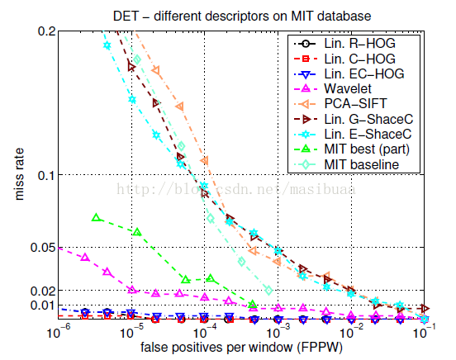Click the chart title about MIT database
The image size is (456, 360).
coord(242,16)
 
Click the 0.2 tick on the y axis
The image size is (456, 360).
coord(46,31)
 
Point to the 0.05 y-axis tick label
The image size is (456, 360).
coord(43,248)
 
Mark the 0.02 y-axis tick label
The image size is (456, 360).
coord(43,291)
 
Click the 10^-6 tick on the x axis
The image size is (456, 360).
coord(59,331)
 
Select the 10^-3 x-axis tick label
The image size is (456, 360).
coord(278,331)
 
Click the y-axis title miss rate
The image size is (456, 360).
coord(19,174)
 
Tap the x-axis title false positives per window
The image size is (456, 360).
coord(241,348)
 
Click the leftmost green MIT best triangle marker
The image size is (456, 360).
coord(97,217)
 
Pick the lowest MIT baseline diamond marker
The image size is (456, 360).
coord(269,290)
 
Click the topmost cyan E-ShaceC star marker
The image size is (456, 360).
coord(107,45)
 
